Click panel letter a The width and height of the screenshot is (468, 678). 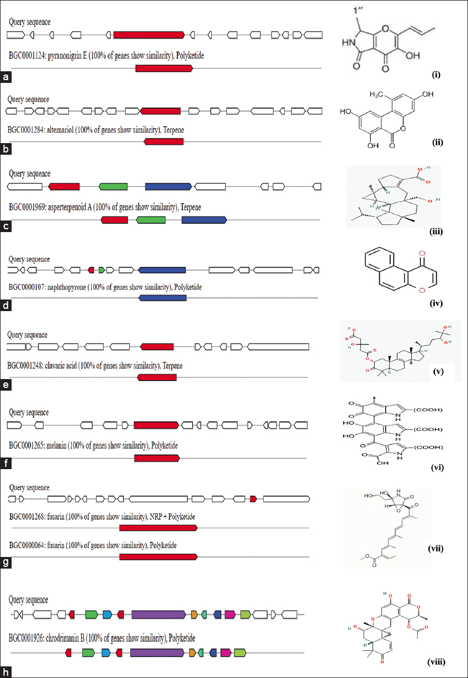(6, 77)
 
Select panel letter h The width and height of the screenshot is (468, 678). (6, 672)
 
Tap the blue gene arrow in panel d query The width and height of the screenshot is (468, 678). (162, 270)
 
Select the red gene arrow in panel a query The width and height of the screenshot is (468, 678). (149, 35)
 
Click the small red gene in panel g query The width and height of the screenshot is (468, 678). (253, 499)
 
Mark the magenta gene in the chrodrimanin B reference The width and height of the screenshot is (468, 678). (225, 653)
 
